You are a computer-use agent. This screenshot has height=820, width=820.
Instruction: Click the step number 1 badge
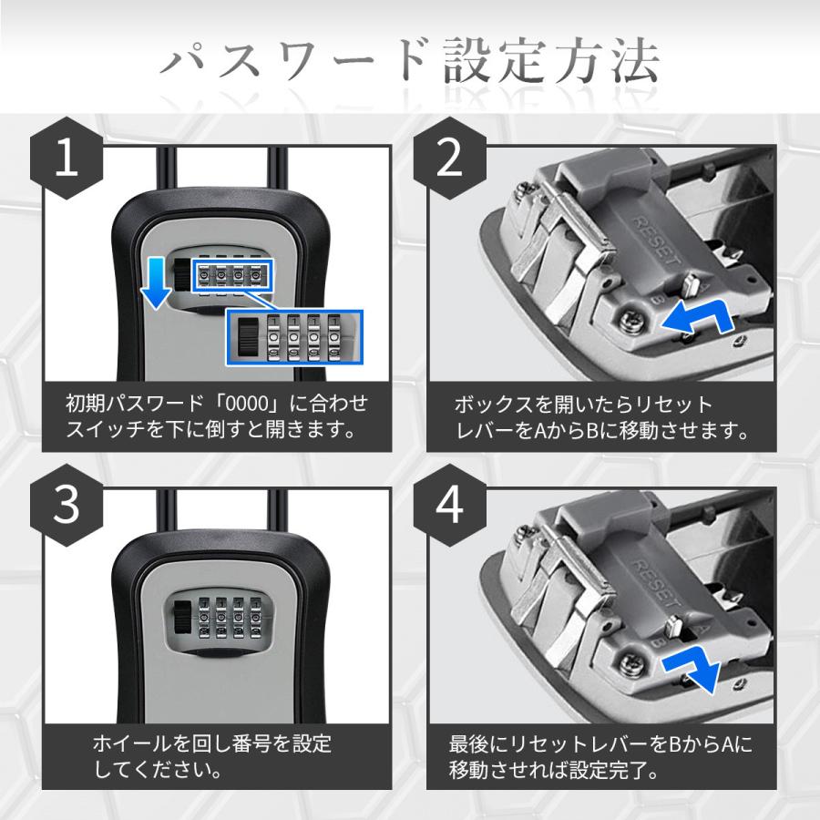click(x=67, y=159)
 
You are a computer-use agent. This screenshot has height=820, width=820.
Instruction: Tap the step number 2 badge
click(x=450, y=159)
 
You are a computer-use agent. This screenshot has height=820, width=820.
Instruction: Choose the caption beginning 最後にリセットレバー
click(x=601, y=756)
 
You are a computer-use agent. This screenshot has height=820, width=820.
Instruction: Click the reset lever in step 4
click(x=676, y=628)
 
